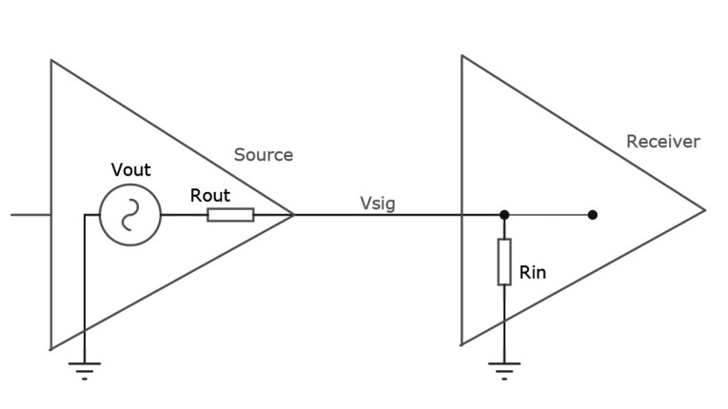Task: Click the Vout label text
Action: point(130,170)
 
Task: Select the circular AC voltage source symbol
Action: point(130,215)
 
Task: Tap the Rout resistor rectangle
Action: point(230,215)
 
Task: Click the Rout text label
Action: point(210,195)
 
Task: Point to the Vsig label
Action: point(378,203)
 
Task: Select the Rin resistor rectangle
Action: point(504,263)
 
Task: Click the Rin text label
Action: point(533,273)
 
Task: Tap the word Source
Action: point(264,155)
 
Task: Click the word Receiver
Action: point(662,142)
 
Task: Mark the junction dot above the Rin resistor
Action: point(504,215)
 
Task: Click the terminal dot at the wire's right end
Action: point(592,215)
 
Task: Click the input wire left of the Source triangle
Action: point(30,215)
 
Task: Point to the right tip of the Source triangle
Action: point(293,215)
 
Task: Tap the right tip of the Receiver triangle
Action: point(704,211)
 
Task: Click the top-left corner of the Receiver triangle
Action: point(462,56)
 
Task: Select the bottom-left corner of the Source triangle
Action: point(51,348)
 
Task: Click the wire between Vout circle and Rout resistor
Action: point(184,215)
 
